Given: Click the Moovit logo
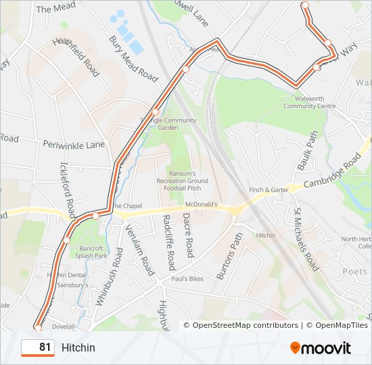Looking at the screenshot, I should (x=321, y=348).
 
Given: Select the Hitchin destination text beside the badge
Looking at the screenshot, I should (x=78, y=348).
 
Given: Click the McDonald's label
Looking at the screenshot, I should (x=202, y=203).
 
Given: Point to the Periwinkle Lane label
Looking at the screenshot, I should (x=74, y=145).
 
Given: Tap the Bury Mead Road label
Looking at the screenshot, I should (x=133, y=59).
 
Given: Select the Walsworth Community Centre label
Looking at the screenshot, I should (x=309, y=102).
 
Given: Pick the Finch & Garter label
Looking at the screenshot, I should (x=269, y=191).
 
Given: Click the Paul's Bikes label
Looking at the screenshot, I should (x=187, y=278).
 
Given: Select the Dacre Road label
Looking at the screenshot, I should (x=188, y=235).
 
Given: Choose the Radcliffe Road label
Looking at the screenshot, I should (x=169, y=242).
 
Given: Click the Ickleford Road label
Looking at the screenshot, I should (x=65, y=182).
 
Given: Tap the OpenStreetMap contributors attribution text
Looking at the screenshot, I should (x=245, y=325).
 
